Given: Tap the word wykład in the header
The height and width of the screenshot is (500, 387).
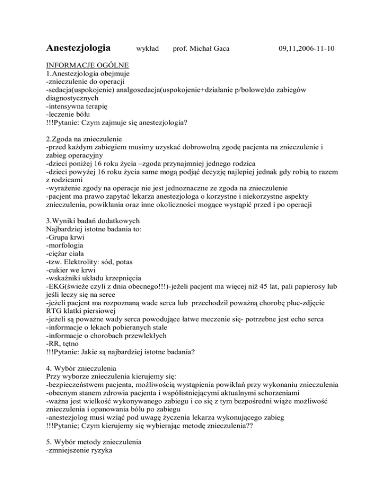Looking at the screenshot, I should click(148, 49).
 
